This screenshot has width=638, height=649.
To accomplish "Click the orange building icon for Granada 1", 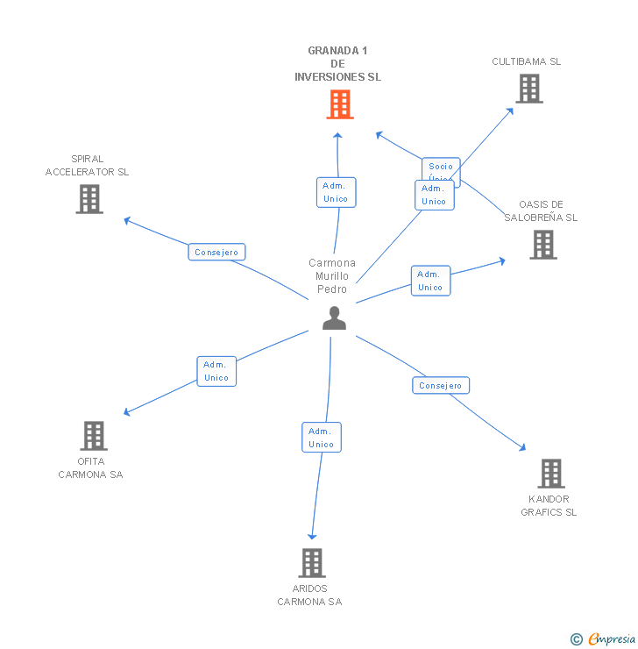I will click(340, 104).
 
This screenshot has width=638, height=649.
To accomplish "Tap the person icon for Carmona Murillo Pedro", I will click(334, 318).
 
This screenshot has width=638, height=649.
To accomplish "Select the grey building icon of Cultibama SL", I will click(528, 89).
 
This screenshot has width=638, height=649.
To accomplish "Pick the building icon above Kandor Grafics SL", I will click(550, 474).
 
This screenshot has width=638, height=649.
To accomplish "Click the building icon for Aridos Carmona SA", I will click(311, 563).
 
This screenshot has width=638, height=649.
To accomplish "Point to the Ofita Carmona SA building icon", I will click(93, 436).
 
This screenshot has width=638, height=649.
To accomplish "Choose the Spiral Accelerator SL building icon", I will click(89, 199).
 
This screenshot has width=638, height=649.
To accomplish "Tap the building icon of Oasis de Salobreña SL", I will click(542, 245).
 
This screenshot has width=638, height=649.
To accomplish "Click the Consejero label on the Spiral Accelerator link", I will click(216, 253).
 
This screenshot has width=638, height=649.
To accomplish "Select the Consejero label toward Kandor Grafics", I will click(441, 385).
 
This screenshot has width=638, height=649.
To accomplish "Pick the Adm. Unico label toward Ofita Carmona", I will click(216, 371).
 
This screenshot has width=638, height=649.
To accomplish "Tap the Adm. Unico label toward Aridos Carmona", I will click(321, 437).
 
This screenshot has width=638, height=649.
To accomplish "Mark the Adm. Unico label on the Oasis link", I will click(430, 281).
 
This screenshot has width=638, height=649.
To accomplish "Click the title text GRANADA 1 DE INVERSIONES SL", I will click(338, 64).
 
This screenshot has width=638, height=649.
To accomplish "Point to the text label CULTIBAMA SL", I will click(526, 61).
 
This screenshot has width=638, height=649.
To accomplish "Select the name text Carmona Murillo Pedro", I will click(333, 275).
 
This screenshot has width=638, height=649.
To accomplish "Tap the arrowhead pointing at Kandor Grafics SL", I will click(523, 448).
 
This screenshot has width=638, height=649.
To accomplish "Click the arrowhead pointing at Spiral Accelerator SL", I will click(127, 219).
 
